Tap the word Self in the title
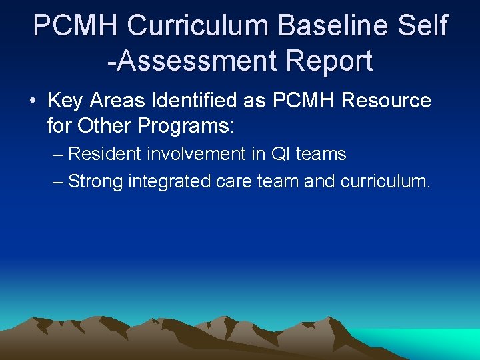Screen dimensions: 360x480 424,26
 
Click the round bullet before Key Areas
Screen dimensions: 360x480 32,101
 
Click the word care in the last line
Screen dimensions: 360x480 235,181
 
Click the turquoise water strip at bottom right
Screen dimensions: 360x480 427,343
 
